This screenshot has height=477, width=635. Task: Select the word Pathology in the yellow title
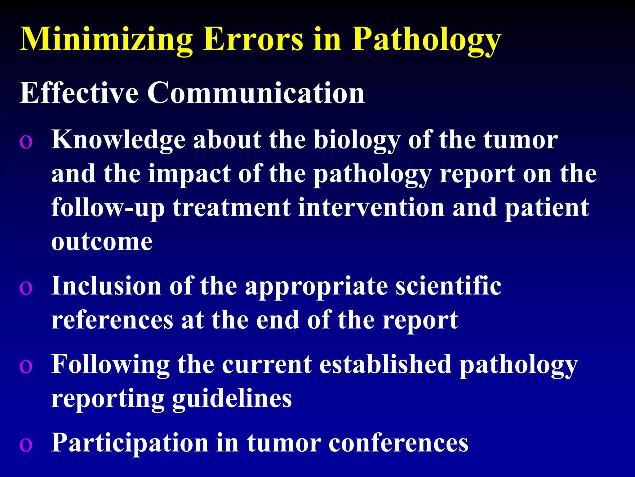[426, 40]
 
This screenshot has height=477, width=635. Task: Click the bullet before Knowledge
[26, 142]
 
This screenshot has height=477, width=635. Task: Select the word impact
[189, 174]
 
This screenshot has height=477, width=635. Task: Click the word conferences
[398, 443]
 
